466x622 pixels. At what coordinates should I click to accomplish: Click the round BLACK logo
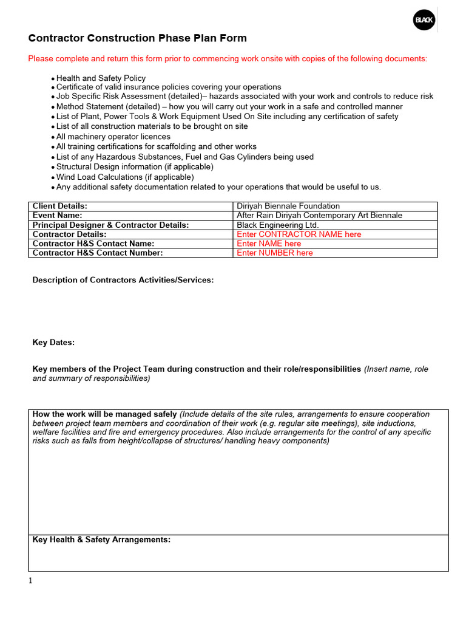point(424,21)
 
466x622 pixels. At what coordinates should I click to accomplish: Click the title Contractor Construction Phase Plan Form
point(138,38)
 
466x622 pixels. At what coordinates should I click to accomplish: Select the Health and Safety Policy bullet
point(101,78)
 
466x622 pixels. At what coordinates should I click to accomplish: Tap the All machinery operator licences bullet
point(113,137)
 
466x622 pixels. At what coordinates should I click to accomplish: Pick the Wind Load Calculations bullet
point(125,177)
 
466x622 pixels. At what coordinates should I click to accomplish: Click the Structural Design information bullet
point(135,166)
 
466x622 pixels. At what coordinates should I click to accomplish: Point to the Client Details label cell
point(60,207)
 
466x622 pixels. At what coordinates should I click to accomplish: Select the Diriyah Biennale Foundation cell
point(288,207)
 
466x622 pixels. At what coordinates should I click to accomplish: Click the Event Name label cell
point(57,216)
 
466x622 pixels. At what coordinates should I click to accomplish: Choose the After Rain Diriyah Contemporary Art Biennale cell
point(319,216)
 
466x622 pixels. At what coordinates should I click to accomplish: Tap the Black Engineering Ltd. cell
point(277,225)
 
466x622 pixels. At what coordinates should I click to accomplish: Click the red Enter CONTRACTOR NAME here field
point(299,234)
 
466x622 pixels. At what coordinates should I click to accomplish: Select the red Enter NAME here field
point(269,244)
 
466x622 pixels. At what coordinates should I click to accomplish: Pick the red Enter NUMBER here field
point(275,253)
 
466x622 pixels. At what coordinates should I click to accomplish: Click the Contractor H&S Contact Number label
point(98,253)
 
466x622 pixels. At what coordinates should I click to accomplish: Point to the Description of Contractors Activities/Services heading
point(123,280)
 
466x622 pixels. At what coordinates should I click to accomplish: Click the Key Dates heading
point(53,343)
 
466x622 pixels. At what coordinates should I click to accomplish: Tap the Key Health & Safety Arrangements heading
point(101,539)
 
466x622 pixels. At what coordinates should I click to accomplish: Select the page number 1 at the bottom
point(30,581)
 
